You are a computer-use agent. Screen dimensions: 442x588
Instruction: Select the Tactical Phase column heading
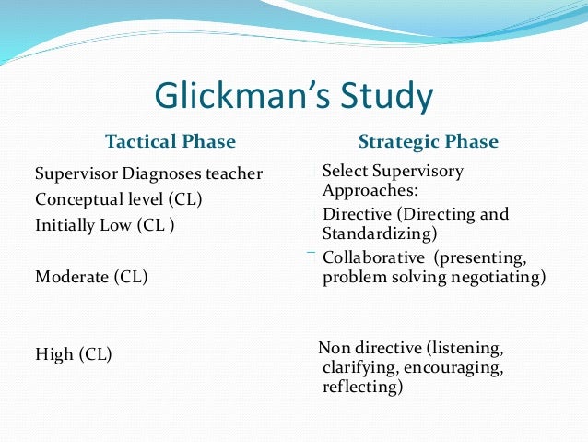(x=171, y=142)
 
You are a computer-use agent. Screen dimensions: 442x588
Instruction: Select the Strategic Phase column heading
(x=428, y=142)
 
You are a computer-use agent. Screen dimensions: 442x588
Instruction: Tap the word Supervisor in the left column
(x=76, y=173)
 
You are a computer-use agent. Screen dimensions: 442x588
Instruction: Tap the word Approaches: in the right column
(x=370, y=190)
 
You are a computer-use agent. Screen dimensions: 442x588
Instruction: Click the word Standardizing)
(x=380, y=233)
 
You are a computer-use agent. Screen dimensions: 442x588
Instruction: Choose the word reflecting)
(x=363, y=388)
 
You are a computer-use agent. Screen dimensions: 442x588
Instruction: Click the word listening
(x=467, y=348)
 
